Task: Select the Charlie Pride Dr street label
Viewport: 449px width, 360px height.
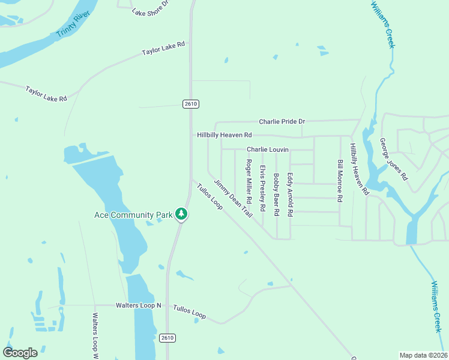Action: pyautogui.click(x=282, y=122)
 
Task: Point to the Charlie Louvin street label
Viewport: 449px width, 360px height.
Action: pyautogui.click(x=268, y=149)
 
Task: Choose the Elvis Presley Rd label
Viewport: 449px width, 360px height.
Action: pyautogui.click(x=262, y=188)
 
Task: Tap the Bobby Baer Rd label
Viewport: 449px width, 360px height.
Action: pyautogui.click(x=276, y=194)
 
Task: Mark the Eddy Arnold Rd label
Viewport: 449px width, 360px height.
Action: pyautogui.click(x=290, y=194)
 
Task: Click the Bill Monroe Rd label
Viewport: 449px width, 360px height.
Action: pyautogui.click(x=340, y=181)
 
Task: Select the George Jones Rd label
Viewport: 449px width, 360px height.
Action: pyautogui.click(x=394, y=160)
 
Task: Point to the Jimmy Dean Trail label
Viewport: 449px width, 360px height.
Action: pyautogui.click(x=233, y=199)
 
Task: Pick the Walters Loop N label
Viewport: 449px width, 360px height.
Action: pyautogui.click(x=139, y=305)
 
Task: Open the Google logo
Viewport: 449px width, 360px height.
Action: pyautogui.click(x=20, y=353)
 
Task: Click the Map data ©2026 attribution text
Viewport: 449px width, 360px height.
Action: pyautogui.click(x=423, y=355)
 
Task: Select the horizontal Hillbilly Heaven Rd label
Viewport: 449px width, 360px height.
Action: pyautogui.click(x=224, y=136)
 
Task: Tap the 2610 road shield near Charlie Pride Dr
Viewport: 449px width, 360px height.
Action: pyautogui.click(x=190, y=104)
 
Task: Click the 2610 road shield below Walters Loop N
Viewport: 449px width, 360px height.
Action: pyautogui.click(x=169, y=338)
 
